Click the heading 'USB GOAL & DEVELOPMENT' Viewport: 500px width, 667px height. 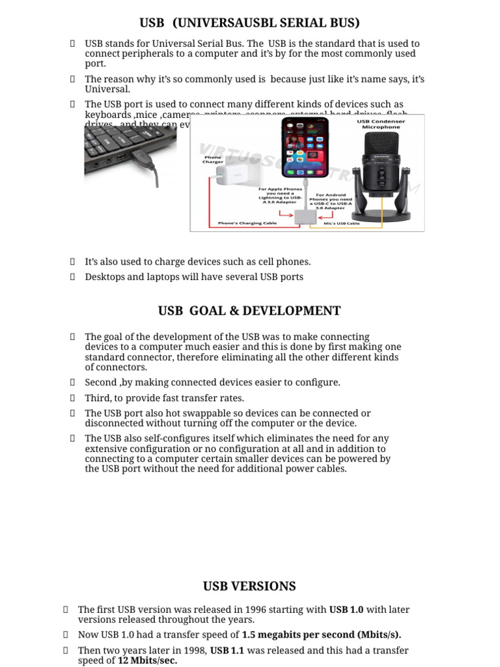point(249,311)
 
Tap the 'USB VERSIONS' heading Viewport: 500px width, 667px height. point(249,586)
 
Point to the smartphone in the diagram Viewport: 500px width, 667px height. point(303,153)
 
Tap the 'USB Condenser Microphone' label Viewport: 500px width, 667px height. point(380,124)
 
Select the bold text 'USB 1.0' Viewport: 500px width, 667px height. point(346,610)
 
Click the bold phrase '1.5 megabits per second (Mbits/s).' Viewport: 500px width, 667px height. point(322,634)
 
